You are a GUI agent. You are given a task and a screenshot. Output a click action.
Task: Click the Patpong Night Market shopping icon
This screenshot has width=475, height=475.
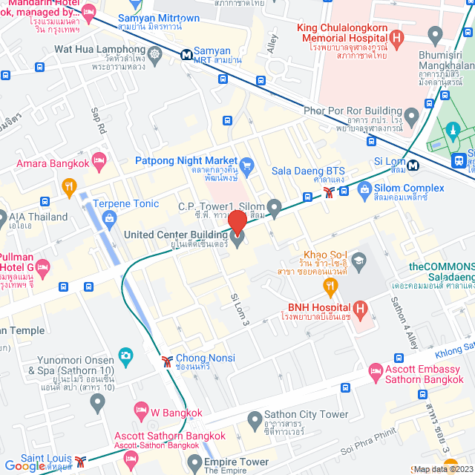[248, 165]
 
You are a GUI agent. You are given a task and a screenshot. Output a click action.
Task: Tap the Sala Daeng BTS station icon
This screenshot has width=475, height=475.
[328, 193]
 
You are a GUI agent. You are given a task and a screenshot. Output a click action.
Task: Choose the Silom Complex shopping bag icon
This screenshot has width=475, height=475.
[364, 191]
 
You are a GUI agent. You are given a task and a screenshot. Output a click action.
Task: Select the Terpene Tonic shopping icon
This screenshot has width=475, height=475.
[110, 218]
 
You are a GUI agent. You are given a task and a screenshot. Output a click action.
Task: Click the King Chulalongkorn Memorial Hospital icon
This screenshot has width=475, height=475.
[396, 36]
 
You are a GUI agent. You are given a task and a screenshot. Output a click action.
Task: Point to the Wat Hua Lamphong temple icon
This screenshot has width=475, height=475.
[154, 53]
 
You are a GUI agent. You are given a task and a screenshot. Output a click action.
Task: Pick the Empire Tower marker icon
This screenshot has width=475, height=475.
[194, 465]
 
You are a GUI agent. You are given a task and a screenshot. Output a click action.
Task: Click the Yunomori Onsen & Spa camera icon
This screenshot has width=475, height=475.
[125, 356]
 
